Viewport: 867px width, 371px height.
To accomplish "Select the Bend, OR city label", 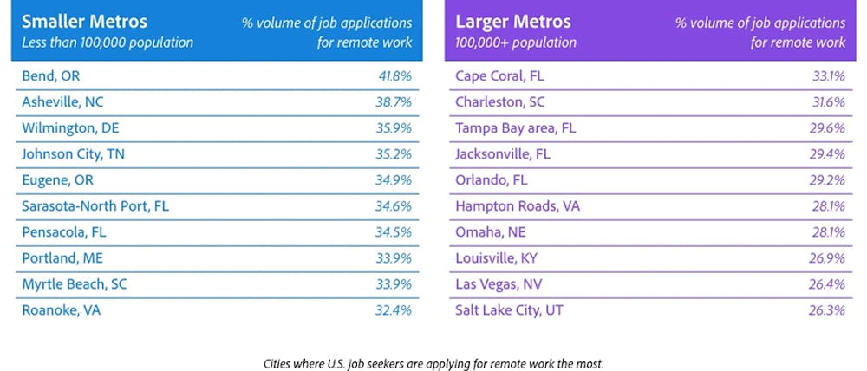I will pyautogui.click(x=50, y=76).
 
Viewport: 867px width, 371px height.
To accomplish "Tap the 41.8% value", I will pyautogui.click(x=394, y=76).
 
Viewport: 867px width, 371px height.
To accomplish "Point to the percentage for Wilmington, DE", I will pyautogui.click(x=394, y=128).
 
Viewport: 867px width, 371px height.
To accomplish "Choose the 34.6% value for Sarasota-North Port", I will pyautogui.click(x=394, y=206).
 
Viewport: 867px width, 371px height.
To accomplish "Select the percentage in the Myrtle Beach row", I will pyautogui.click(x=394, y=284).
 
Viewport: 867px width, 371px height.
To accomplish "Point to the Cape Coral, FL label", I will pyautogui.click(x=499, y=76).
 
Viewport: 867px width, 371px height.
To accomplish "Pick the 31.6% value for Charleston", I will pyautogui.click(x=827, y=102).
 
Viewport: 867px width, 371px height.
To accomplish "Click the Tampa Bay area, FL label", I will pyautogui.click(x=515, y=128).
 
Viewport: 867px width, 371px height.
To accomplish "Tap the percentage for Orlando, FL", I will pyautogui.click(x=827, y=180).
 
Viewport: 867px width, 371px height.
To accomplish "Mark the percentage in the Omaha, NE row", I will pyautogui.click(x=827, y=232).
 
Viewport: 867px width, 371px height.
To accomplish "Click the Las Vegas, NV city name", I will pyautogui.click(x=499, y=284).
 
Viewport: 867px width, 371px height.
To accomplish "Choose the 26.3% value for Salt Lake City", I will pyautogui.click(x=827, y=310).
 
